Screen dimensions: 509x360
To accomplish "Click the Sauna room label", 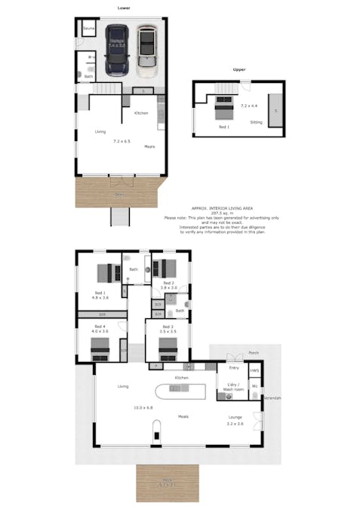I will coord(88,29).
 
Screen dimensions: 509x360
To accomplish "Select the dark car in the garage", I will coord(116,50).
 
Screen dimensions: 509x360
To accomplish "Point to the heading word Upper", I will coord(239,70).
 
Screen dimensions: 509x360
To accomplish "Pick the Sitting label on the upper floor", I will coord(257,121).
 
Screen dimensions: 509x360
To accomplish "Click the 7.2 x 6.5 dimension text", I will coord(122,141).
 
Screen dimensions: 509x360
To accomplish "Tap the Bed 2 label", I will coord(168,284).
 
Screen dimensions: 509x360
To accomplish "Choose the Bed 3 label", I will coord(167,327).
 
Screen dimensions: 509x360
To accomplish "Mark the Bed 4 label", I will coord(100,327).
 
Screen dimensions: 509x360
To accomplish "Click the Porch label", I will coord(254,351).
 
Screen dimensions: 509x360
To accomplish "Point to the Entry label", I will coord(234,368).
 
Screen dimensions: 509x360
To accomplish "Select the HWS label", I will coord(255,370).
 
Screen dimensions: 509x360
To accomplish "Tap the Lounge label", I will coord(235,416).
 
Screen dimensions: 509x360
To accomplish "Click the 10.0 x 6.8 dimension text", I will coord(143,407).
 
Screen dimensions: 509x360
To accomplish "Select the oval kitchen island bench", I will coord(180,389).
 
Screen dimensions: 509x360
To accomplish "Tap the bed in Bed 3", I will coord(167,347).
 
